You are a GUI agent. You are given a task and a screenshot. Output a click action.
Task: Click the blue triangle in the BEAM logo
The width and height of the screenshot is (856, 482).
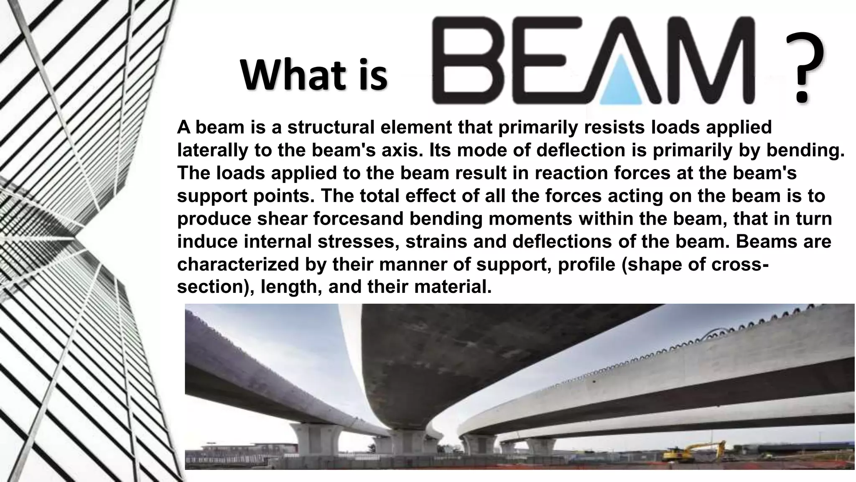click(620, 83)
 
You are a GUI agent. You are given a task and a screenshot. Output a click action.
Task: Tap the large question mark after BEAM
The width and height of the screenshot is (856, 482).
click(804, 67)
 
